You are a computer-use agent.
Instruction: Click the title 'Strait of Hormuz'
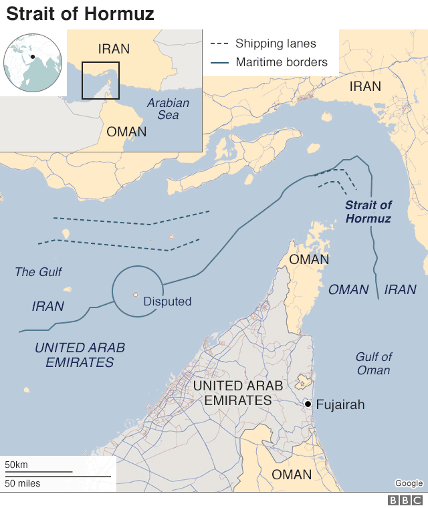[x=81, y=13]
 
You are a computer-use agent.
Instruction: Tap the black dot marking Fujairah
[x=307, y=404]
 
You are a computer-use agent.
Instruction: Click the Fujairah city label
[x=340, y=404]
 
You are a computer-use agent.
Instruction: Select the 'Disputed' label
[x=167, y=301]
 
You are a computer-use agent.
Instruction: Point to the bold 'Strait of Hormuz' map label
[x=368, y=212]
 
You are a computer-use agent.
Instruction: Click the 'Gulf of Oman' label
[x=374, y=364]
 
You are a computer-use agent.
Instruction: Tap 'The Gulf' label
[x=38, y=272]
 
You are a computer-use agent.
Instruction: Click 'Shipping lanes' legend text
[x=276, y=44]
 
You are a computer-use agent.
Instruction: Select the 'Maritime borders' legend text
[x=282, y=63]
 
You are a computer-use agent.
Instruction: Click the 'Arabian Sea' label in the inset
[x=168, y=109]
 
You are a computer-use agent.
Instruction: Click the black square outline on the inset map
[x=100, y=80]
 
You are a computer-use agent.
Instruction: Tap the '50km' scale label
[x=17, y=465]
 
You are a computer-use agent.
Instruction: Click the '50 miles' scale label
[x=23, y=483]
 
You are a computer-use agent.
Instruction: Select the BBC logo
[x=406, y=500]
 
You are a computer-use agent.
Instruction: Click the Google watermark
[x=408, y=483]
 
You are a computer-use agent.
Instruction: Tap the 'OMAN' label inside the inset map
[x=126, y=131]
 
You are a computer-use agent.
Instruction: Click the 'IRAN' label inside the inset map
[x=114, y=49]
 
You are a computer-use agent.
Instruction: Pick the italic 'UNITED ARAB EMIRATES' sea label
[x=80, y=355]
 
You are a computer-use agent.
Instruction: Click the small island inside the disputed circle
[x=136, y=295]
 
